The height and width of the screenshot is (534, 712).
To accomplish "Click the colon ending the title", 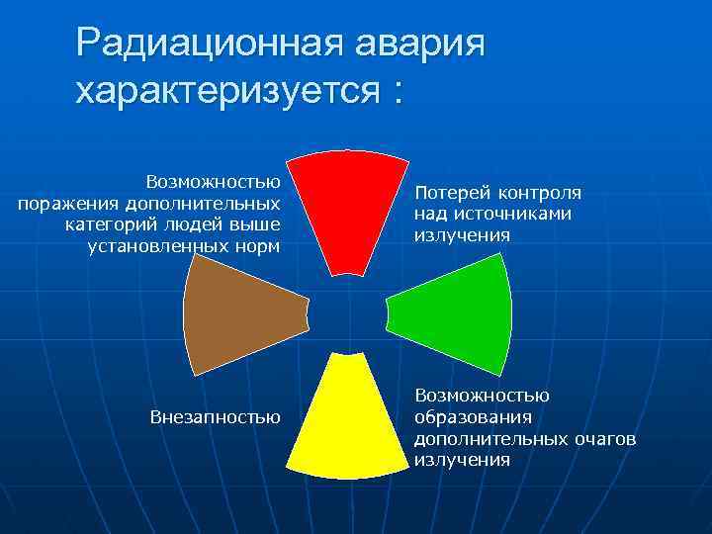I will tap(398, 93).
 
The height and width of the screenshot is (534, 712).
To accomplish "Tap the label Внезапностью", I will tap(215, 416).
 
